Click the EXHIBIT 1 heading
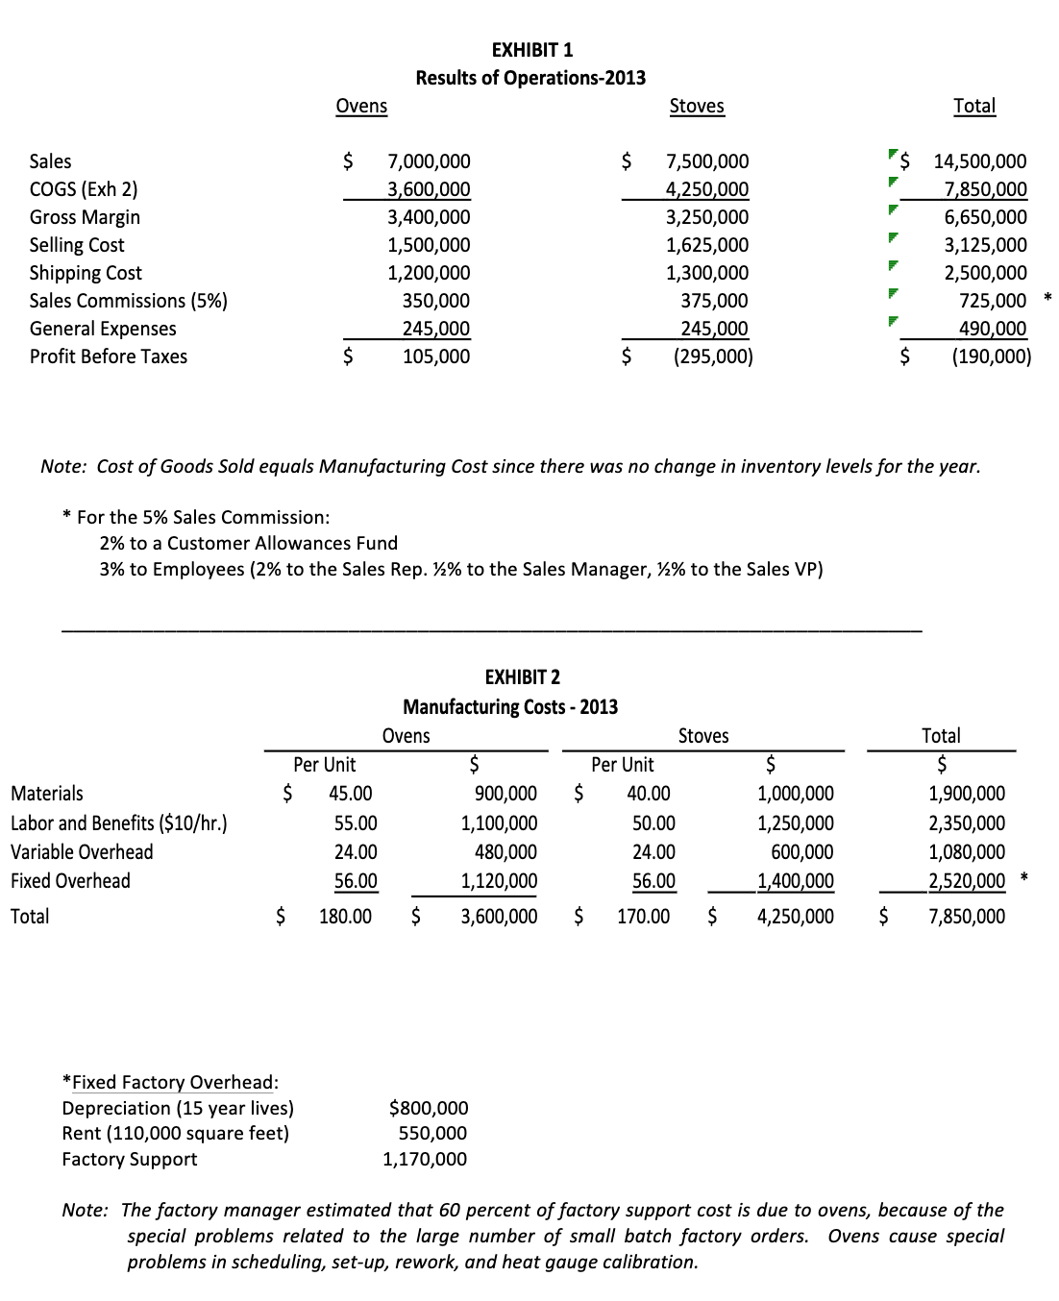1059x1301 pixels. pos(531,50)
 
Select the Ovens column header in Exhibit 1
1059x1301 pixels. pos(361,106)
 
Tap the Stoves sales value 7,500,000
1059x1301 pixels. pos(706,161)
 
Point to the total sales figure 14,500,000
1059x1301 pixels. pos(979,161)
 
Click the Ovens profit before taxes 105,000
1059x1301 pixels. pos(435,356)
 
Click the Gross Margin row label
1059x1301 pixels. pos(85,217)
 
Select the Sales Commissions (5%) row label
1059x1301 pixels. pos(128,301)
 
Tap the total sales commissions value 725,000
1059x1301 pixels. pos(992,301)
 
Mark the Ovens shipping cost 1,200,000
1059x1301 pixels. pos(429,273)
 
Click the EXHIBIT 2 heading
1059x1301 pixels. pos(522,677)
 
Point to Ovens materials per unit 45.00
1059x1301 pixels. pos(350,794)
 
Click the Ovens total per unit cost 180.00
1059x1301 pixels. pos(345,917)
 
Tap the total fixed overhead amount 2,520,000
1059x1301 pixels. pos(966,881)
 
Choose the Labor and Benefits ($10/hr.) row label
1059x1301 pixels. pos(118,823)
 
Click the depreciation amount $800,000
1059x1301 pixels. pos(429,1108)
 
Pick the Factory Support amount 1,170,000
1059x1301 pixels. pos(425,1159)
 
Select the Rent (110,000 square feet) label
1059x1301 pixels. pos(175,1133)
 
